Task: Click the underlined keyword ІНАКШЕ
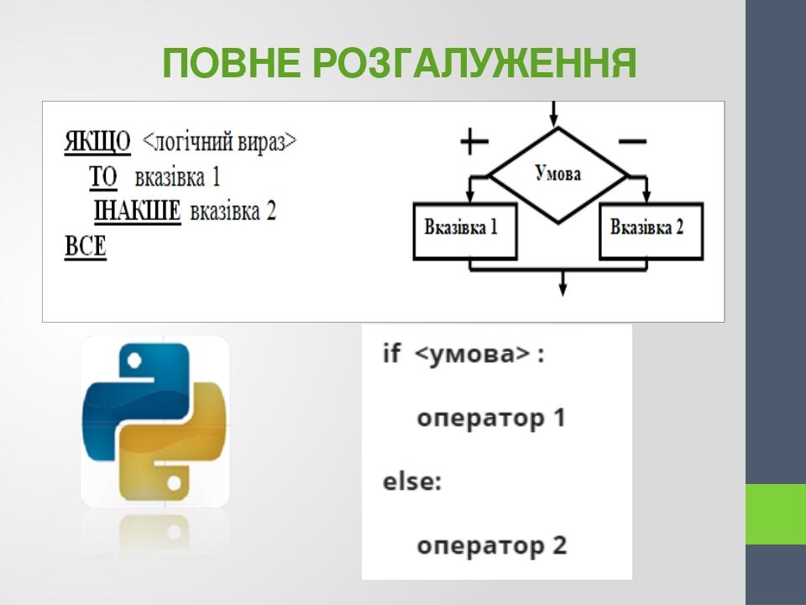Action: click(x=137, y=211)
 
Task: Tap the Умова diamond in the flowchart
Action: click(x=557, y=175)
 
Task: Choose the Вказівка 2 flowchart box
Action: click(x=651, y=228)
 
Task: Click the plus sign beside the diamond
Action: click(x=474, y=142)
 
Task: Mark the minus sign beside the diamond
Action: click(x=631, y=142)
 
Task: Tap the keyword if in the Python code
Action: click(x=392, y=353)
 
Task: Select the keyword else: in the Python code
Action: click(x=412, y=482)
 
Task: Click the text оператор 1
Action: click(x=491, y=418)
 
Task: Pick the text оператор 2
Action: click(x=492, y=545)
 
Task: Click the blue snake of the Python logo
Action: click(x=126, y=395)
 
